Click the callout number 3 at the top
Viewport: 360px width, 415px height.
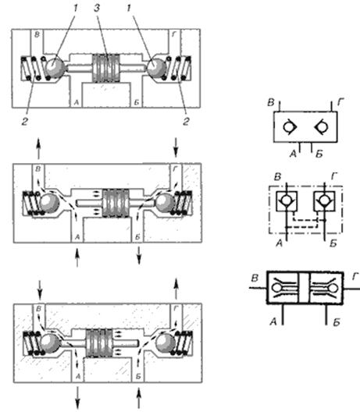(97, 8)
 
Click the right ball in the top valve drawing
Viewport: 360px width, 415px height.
(156, 67)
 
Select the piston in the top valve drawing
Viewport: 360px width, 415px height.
(106, 68)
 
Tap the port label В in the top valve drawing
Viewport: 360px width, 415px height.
(37, 34)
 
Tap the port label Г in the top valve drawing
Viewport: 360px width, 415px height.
(174, 34)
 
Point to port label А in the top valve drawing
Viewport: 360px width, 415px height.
(77, 102)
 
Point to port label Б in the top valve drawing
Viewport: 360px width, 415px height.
(137, 102)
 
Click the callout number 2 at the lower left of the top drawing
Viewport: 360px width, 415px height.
(25, 122)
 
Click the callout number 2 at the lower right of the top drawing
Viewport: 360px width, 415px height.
(186, 122)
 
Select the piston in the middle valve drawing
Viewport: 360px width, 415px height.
(116, 204)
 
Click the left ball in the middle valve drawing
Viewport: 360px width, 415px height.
(49, 203)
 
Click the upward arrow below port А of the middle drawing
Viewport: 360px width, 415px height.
(77, 257)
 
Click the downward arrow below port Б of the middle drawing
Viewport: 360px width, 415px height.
(139, 255)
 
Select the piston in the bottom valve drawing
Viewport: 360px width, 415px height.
(99, 343)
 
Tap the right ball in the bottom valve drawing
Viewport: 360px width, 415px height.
(165, 343)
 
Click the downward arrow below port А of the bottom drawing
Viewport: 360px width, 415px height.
(77, 398)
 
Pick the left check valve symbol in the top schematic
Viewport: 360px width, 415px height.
(290, 127)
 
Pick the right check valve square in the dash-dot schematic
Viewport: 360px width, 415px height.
(324, 201)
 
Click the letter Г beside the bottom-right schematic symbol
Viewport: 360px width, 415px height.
(355, 277)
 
